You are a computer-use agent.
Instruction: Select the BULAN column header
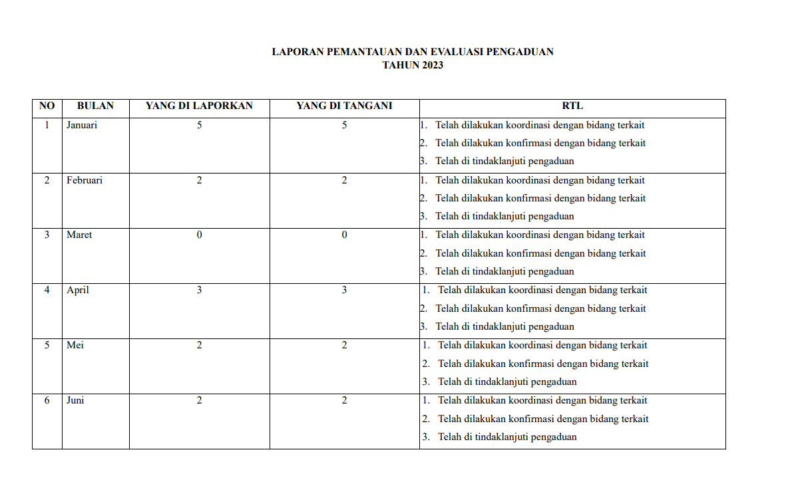point(95,106)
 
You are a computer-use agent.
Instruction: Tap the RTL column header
point(572,106)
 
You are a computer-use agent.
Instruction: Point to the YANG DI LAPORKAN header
point(199,106)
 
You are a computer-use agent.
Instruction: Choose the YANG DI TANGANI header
point(344,106)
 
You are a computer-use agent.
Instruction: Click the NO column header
point(47,106)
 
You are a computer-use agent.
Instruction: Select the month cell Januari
point(81,125)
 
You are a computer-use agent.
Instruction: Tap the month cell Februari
point(84,180)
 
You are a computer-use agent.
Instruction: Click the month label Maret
point(79,235)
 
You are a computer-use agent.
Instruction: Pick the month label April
point(77,290)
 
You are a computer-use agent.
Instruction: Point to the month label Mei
point(75,345)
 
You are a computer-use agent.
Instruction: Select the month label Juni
point(75,400)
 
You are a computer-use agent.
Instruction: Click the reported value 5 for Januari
point(199,125)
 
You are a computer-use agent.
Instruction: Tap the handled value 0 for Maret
point(344,235)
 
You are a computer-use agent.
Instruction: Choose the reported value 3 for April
point(199,290)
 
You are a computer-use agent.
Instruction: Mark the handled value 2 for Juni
point(344,400)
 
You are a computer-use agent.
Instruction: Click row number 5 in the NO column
point(47,345)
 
